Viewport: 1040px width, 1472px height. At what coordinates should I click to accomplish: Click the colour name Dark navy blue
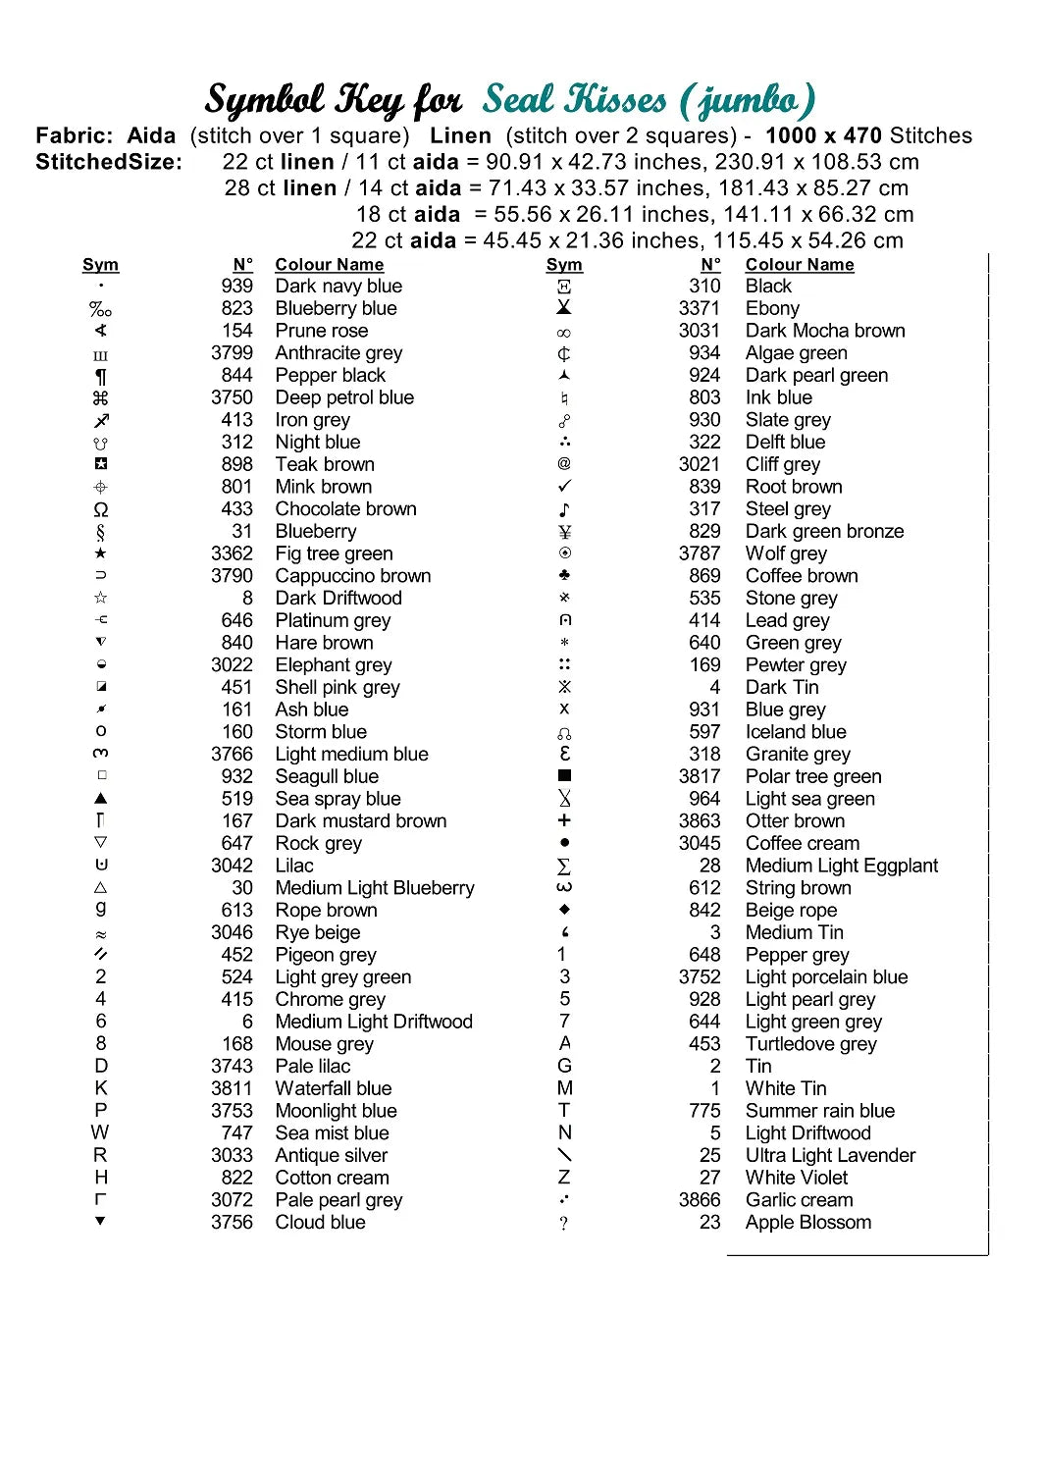[338, 287]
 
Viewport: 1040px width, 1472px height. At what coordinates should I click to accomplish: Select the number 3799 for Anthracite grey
[232, 353]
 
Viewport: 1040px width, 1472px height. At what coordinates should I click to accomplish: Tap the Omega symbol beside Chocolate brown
[101, 510]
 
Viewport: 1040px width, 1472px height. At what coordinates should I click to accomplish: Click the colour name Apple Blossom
[807, 1223]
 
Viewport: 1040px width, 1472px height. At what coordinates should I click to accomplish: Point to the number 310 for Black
[704, 287]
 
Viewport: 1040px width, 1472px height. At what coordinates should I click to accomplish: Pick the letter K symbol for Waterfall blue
[101, 1088]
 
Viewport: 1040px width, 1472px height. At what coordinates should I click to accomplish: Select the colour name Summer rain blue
[819, 1111]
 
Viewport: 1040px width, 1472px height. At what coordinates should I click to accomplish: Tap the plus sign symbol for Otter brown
[564, 820]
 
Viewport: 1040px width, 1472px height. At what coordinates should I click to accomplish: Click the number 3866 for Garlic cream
[700, 1200]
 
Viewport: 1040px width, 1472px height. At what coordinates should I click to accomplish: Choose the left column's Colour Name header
[330, 265]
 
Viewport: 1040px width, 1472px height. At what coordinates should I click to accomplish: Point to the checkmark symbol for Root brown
[564, 487]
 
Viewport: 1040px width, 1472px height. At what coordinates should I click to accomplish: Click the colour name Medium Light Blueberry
[375, 888]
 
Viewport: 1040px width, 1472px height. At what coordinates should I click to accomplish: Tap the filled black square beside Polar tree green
[564, 776]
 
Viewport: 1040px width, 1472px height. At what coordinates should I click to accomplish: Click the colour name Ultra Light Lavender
[830, 1156]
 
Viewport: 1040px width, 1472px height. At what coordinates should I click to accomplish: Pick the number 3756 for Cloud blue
[232, 1223]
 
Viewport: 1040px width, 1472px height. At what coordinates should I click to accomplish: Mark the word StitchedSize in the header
[109, 163]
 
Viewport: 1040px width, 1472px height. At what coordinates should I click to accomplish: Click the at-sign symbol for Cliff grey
[564, 464]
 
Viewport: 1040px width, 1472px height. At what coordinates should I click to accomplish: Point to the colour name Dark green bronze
[824, 532]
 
